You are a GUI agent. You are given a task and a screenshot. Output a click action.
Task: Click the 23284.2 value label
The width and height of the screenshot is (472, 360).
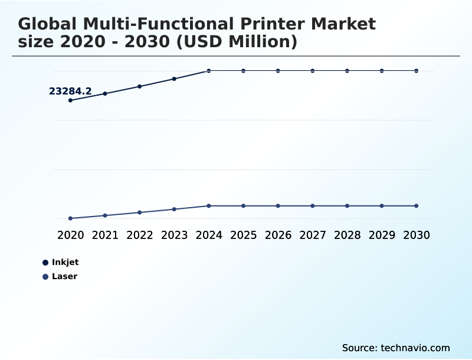point(70,91)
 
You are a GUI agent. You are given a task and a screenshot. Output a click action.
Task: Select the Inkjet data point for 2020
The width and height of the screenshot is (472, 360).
point(70,100)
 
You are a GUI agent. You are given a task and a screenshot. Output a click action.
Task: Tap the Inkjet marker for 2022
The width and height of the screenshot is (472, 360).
point(140,86)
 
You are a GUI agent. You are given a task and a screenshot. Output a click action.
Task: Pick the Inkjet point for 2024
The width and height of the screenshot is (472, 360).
point(209,71)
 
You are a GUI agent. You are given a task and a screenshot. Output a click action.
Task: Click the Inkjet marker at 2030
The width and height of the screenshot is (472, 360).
point(417,71)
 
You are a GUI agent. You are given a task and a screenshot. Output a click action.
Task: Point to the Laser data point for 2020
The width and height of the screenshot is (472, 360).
point(70,218)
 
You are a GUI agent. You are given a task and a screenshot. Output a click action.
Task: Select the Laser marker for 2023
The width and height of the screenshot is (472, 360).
point(174,209)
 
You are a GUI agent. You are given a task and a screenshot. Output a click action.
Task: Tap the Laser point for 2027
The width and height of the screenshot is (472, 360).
point(313,206)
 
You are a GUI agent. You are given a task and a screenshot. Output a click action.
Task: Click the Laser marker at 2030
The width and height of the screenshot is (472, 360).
point(417,206)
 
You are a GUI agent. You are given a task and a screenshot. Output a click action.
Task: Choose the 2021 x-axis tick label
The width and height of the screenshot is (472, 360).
point(105,235)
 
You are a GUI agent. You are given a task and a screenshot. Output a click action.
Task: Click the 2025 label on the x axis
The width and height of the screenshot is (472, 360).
point(243,235)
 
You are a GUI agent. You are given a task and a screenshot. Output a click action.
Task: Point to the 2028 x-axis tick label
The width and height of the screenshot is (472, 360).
point(347,235)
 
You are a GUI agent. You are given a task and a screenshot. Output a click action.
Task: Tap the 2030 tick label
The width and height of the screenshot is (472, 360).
point(417,235)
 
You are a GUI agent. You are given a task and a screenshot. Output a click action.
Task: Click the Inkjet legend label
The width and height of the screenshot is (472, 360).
point(65,262)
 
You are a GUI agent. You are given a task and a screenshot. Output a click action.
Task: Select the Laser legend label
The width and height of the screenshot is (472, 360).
point(64,276)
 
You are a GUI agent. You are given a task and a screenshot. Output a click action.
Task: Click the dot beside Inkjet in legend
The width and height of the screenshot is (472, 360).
point(45,262)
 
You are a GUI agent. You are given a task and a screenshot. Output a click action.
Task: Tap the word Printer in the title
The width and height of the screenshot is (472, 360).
point(276,24)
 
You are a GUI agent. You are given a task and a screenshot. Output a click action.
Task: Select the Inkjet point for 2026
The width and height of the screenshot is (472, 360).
point(278,71)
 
